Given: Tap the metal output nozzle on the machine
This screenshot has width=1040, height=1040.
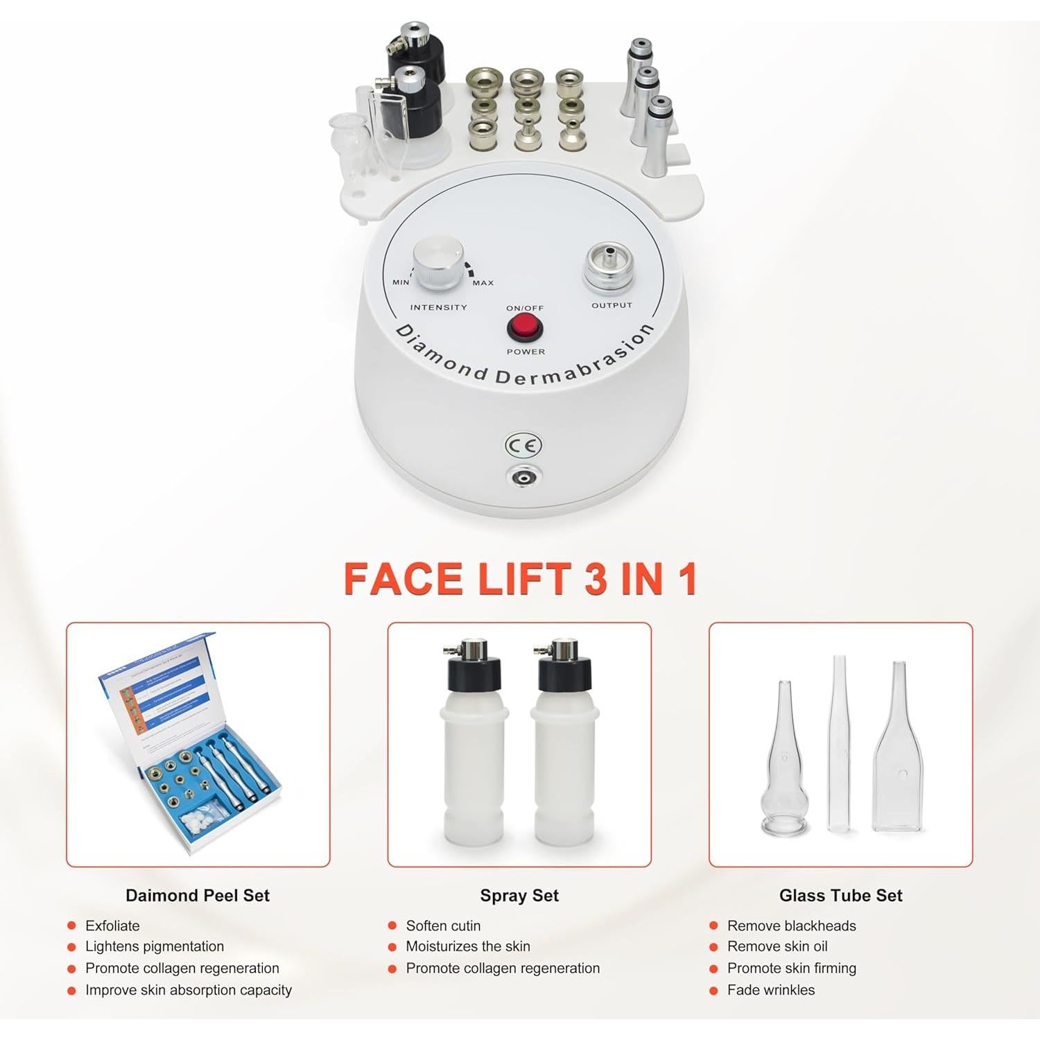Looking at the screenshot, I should (x=609, y=263).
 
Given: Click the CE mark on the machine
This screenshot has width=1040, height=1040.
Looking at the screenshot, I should (x=523, y=445).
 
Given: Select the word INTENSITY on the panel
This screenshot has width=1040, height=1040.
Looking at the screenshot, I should (x=438, y=307).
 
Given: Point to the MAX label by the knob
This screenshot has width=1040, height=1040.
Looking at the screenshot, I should (x=483, y=283).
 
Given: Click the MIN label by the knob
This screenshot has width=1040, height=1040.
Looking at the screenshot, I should (x=401, y=282).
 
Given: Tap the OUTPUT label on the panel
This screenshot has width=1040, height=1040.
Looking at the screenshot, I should (x=612, y=305).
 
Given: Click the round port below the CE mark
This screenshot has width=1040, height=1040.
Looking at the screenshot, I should (x=523, y=477).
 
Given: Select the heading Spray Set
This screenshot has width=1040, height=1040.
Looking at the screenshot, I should (x=519, y=895).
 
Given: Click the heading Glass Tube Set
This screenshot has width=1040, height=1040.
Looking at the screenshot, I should (x=840, y=895).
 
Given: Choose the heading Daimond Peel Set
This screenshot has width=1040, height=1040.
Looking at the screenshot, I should (x=198, y=895).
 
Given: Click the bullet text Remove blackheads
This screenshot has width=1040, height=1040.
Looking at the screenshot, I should (x=791, y=926).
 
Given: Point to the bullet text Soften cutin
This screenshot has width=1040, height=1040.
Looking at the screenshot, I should (x=443, y=926).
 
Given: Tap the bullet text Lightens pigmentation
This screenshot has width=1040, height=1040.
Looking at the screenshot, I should (x=155, y=946).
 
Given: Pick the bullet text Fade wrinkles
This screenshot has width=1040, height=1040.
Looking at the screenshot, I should (x=771, y=990).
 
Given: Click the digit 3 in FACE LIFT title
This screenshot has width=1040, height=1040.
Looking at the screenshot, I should (x=596, y=579).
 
